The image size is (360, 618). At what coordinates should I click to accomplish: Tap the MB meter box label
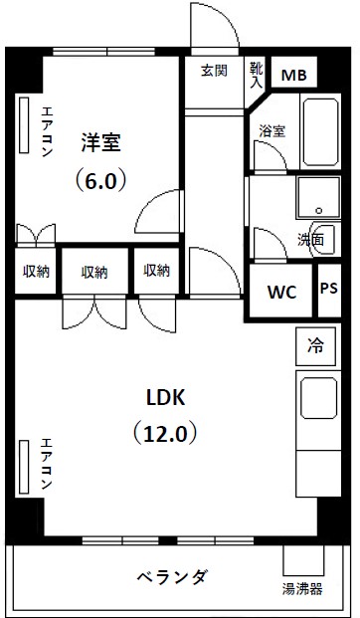pyautogui.click(x=294, y=76)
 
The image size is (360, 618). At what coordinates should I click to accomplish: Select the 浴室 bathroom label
pyautogui.click(x=271, y=130)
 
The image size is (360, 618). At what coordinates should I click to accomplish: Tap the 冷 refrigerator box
pyautogui.click(x=315, y=346)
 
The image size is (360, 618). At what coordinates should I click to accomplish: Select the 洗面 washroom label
pyautogui.click(x=310, y=240)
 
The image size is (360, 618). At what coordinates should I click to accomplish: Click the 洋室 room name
pyautogui.click(x=100, y=142)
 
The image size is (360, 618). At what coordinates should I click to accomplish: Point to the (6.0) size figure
pyautogui.click(x=99, y=183)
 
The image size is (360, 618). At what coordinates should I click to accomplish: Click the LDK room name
pyautogui.click(x=166, y=397)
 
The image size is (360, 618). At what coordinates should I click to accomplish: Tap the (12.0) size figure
pyautogui.click(x=166, y=434)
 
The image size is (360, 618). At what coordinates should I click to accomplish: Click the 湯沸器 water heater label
pyautogui.click(x=301, y=589)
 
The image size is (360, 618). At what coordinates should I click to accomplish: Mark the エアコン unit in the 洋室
pyautogui.click(x=25, y=126)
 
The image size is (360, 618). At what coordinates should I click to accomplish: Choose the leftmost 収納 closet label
pyautogui.click(x=36, y=272)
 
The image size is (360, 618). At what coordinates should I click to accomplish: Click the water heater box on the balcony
pyautogui.click(x=302, y=559)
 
